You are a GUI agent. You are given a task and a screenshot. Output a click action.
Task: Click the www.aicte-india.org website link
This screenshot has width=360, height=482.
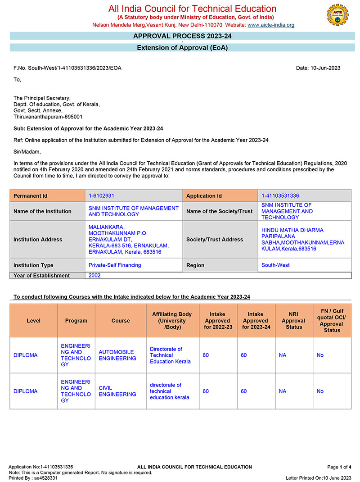click(x=271, y=25)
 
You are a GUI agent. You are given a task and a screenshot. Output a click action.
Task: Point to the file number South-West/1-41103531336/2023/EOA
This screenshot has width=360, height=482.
click(x=67, y=68)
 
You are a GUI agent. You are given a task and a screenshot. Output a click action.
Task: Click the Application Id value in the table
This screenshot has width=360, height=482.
click(x=280, y=196)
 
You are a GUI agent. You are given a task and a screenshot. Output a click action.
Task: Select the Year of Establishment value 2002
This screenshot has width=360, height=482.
click(x=94, y=276)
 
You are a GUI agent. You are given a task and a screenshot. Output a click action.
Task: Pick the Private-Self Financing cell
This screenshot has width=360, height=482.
click(x=115, y=265)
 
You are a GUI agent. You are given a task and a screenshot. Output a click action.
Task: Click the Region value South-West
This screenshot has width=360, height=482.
click(x=275, y=265)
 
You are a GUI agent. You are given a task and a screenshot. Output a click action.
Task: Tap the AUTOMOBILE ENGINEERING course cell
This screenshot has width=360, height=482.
click(x=117, y=355)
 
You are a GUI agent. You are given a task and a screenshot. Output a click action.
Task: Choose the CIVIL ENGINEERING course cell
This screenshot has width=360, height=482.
click(x=117, y=391)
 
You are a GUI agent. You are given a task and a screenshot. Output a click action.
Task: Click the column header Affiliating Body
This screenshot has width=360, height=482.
click(x=172, y=321)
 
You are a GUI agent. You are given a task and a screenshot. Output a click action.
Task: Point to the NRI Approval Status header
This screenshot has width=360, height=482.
click(x=294, y=321)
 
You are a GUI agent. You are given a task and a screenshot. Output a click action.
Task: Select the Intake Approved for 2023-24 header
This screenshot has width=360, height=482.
click(x=256, y=321)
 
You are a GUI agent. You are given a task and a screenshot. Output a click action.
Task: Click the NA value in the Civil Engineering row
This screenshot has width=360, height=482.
click(x=282, y=391)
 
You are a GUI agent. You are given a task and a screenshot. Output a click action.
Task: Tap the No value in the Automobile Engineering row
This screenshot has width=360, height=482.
click(x=320, y=355)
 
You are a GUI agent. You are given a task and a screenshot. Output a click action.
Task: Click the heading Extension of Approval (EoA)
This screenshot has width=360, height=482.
click(x=182, y=48)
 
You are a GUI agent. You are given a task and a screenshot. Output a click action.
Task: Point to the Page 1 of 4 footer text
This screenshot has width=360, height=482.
click(x=339, y=467)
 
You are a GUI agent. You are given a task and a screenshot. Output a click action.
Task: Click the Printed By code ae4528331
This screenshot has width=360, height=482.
click(x=45, y=478)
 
